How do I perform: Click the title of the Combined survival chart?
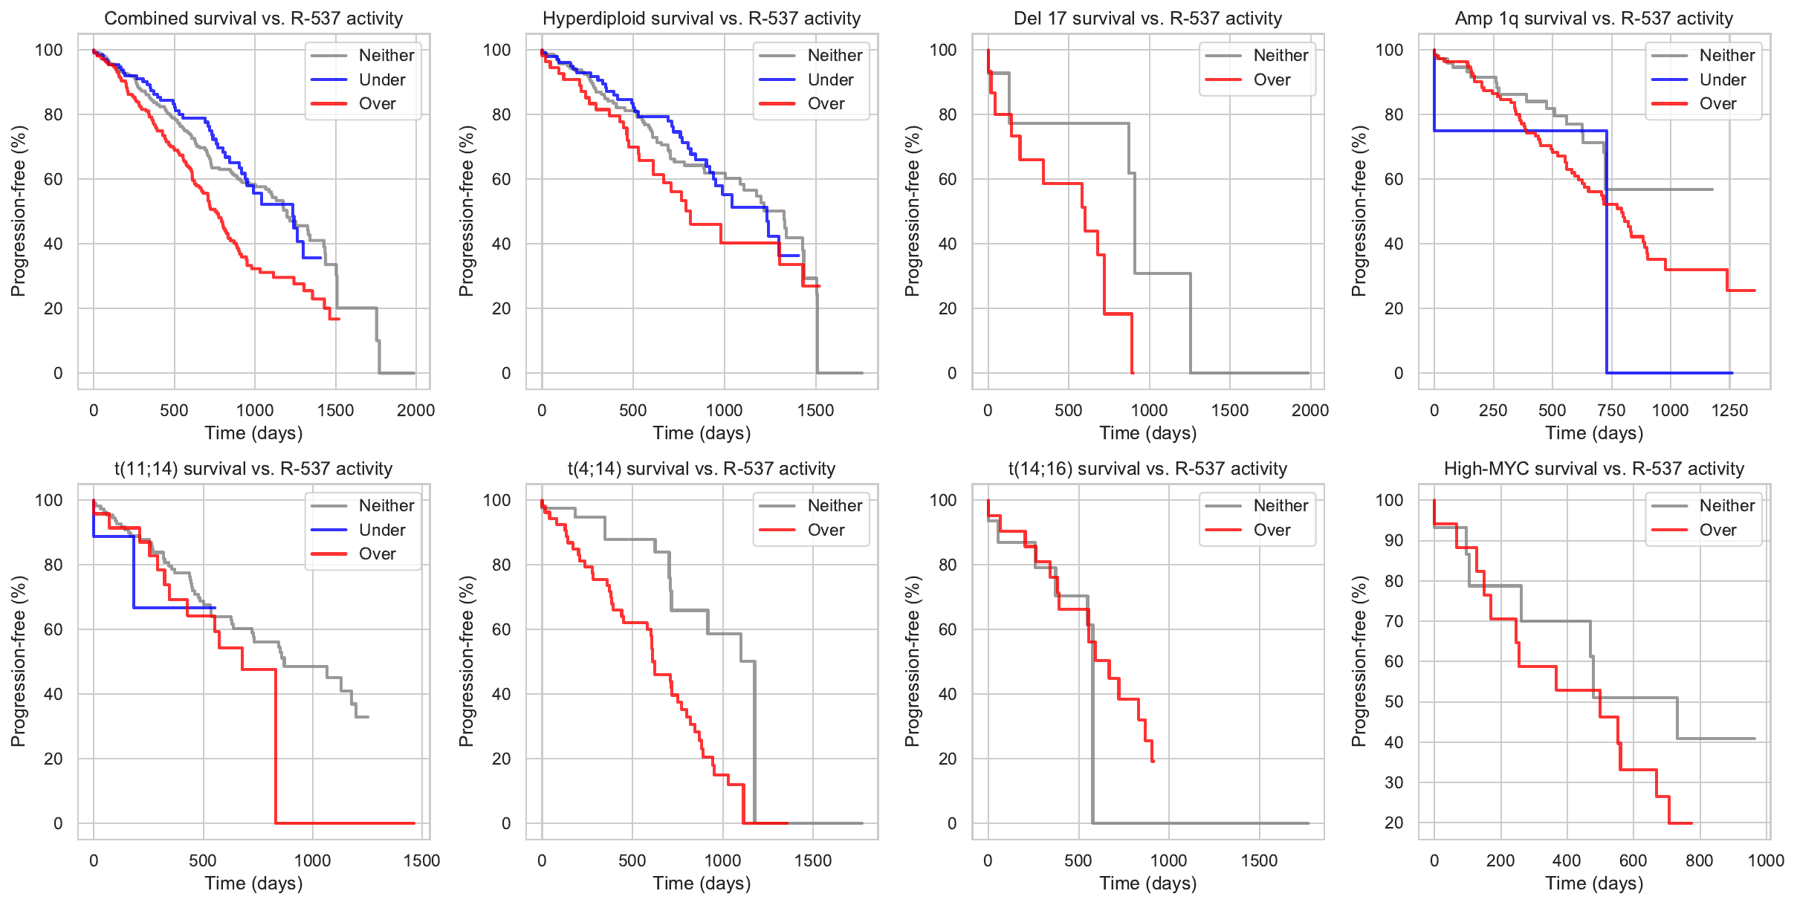[x=253, y=19]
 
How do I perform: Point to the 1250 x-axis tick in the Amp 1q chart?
[x=1729, y=410]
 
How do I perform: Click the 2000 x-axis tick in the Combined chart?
[x=415, y=410]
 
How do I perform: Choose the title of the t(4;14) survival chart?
[x=702, y=469]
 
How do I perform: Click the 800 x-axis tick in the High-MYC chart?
[x=1700, y=860]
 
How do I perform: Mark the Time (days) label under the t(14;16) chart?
[x=1148, y=883]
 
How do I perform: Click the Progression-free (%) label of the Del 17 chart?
[x=913, y=211]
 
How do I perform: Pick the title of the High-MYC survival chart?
[x=1594, y=469]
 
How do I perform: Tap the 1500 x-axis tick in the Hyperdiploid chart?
[x=816, y=410]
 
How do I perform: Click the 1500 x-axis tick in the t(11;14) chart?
[x=421, y=860]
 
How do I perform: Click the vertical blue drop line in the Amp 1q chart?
[x=1607, y=253]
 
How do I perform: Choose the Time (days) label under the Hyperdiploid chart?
[x=702, y=433]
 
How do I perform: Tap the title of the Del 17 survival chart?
[x=1148, y=19]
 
